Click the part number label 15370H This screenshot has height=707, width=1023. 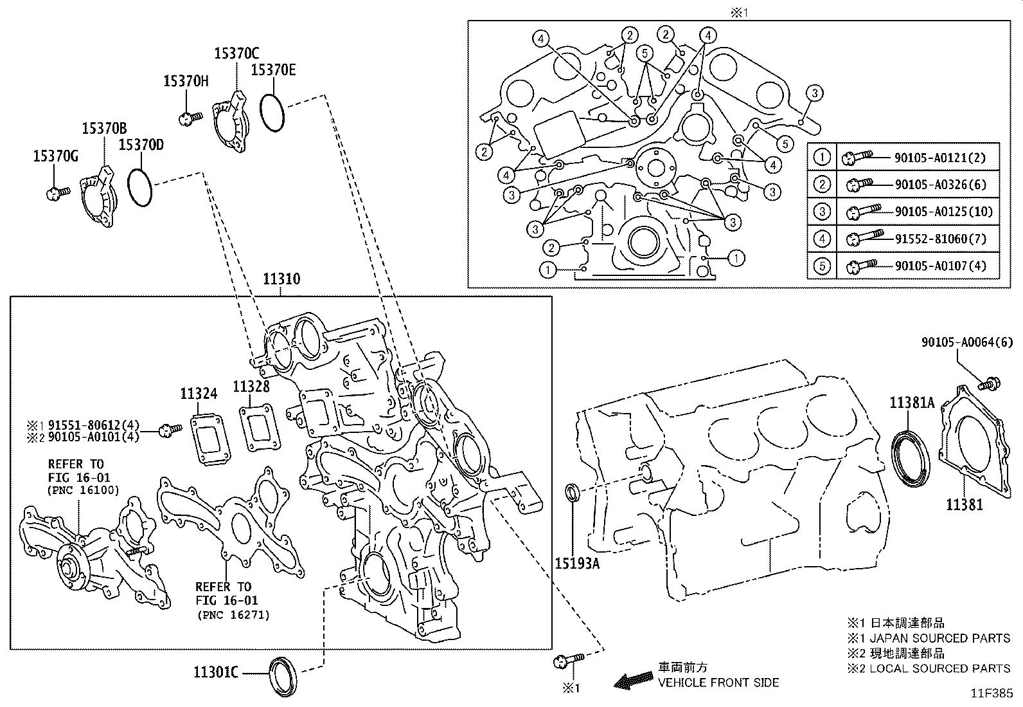pos(186,81)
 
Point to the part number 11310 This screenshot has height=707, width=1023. pos(281,279)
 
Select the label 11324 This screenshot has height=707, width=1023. pos(199,394)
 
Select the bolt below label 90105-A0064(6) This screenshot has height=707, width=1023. pos(988,385)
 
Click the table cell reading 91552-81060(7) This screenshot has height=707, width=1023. pos(939,239)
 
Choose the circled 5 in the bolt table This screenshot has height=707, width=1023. pos(822,266)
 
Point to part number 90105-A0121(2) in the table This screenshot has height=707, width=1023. pos(939,157)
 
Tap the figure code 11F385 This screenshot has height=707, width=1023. pos(992,693)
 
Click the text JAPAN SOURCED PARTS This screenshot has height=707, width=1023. pos(938,638)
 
